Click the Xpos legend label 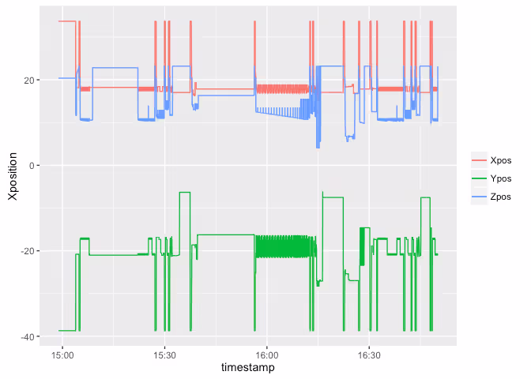500,159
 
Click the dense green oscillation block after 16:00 284,246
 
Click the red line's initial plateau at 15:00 66,21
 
